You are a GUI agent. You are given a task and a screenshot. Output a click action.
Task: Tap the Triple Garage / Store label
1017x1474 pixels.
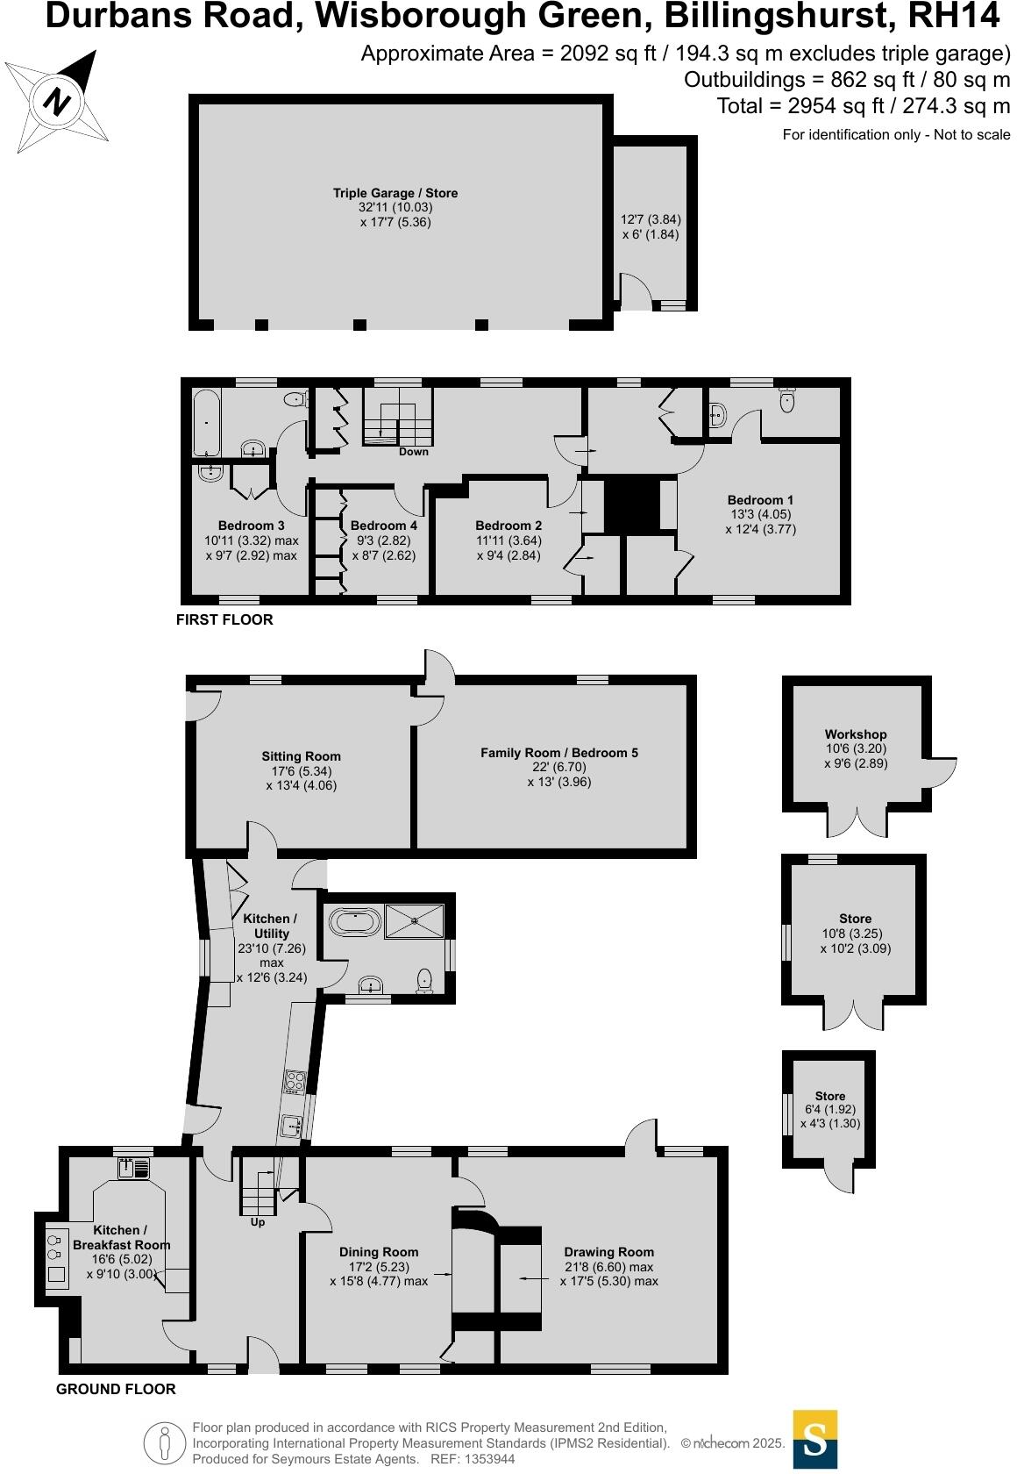[395, 193]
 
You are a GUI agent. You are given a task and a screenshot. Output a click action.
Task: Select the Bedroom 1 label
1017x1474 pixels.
[760, 500]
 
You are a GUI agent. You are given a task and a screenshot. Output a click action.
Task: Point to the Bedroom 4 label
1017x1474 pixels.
[384, 526]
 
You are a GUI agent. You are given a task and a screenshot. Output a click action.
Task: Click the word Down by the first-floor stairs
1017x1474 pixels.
[414, 452]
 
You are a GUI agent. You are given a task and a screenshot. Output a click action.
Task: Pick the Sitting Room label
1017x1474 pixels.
[301, 756]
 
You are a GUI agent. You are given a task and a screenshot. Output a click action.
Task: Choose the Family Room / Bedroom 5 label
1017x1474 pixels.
[559, 753]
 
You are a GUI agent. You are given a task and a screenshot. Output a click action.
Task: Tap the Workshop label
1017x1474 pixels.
[856, 734]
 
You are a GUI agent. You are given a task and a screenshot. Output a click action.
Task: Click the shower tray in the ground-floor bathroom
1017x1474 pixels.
[416, 920]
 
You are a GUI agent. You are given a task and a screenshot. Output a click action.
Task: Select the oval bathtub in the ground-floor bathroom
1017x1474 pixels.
[354, 921]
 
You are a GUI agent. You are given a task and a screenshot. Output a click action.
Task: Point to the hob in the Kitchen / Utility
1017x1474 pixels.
[294, 1082]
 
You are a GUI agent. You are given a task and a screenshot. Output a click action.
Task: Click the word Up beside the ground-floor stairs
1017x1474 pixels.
[258, 1222]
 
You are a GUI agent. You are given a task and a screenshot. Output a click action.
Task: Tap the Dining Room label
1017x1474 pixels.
[379, 1252]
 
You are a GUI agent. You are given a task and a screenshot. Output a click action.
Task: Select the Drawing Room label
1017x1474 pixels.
[609, 1252]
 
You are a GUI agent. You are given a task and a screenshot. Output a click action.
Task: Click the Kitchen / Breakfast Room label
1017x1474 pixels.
[121, 1238]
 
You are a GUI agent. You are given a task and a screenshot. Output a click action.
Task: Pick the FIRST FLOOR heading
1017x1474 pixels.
[224, 619]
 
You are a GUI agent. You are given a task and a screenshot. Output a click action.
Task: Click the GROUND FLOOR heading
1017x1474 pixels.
[116, 1389]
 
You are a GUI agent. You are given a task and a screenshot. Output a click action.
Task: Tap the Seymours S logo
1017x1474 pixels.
[815, 1439]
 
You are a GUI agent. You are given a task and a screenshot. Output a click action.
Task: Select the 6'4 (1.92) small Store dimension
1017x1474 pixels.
[830, 1109]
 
